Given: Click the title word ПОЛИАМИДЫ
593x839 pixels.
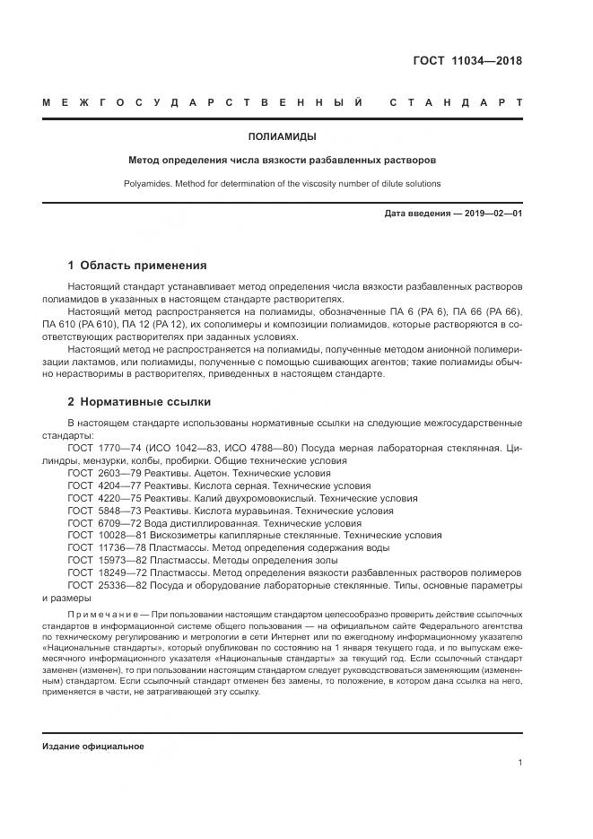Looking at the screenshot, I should tap(282, 137).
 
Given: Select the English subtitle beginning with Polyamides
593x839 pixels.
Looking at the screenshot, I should tap(282, 183).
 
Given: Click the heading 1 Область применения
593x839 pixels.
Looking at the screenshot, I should tap(137, 266).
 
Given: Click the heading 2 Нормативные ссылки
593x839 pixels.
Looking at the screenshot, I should tap(139, 402).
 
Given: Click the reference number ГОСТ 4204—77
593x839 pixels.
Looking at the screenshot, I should tap(100, 485).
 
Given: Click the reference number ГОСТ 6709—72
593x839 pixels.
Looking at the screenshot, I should tap(100, 522).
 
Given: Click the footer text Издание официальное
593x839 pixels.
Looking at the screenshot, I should tap(93, 746).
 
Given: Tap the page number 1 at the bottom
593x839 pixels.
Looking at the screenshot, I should tap(520, 762).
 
